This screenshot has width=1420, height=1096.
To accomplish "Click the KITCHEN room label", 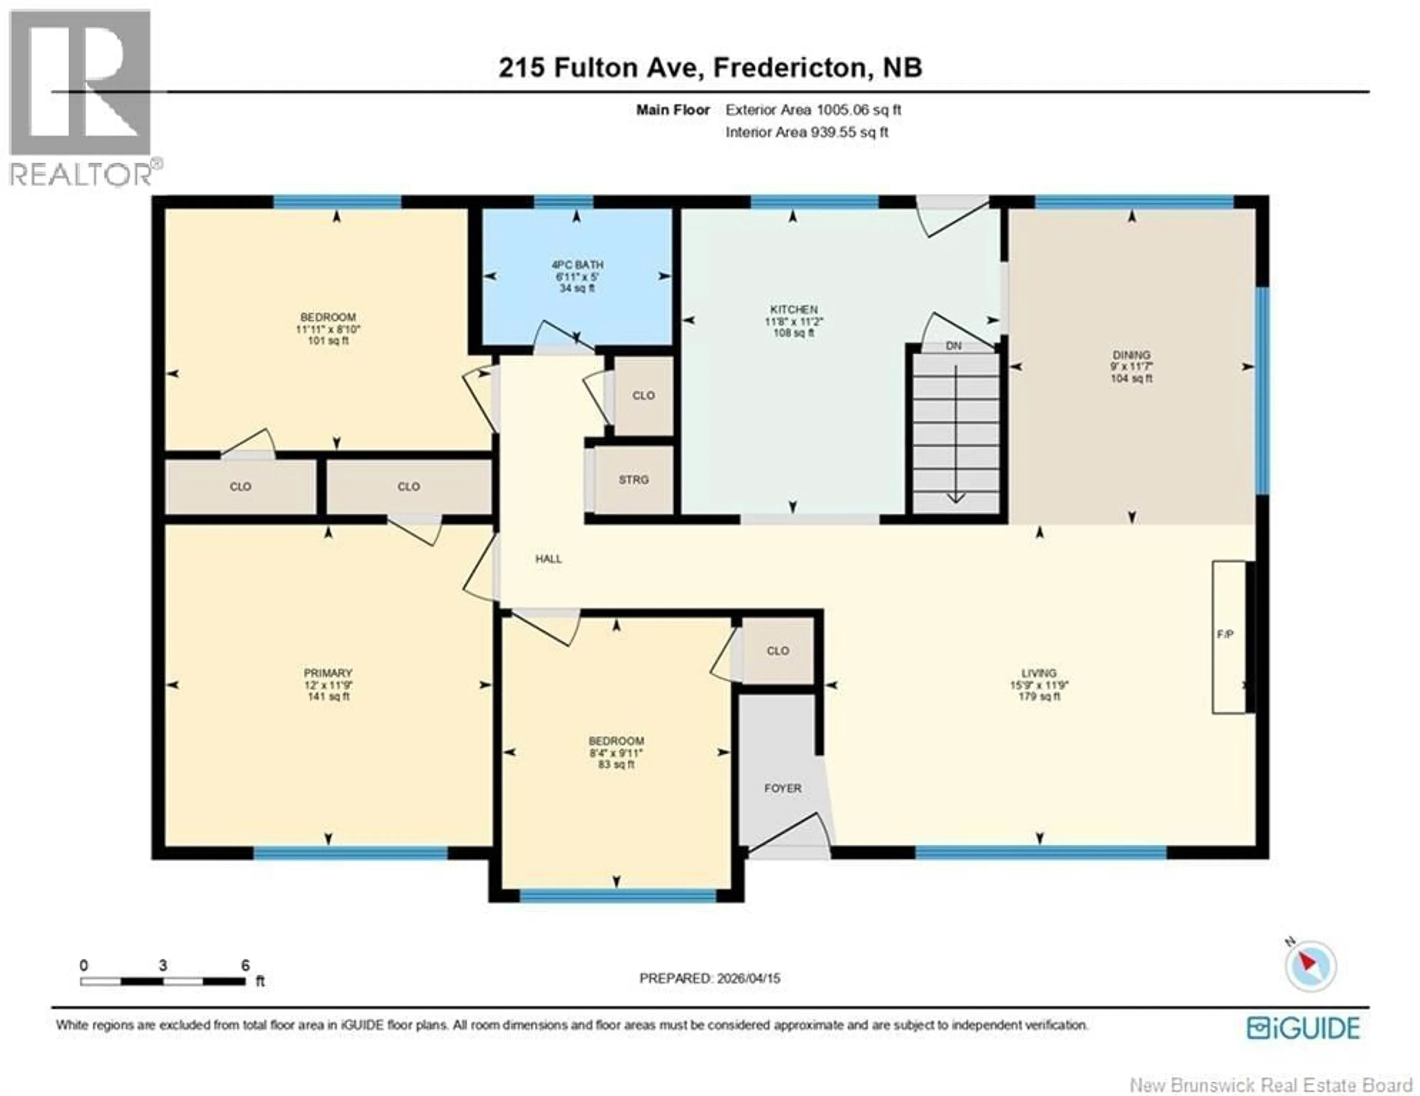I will [x=793, y=309].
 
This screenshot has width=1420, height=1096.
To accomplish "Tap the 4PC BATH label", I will [x=577, y=265].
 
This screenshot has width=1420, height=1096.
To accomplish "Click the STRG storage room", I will [x=633, y=480].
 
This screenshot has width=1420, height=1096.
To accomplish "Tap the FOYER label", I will [x=783, y=788].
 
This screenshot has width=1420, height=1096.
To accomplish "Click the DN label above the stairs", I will [x=953, y=346].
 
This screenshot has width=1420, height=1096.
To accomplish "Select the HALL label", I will [x=548, y=558].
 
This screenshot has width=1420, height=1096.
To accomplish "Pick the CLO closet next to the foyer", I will [x=778, y=651].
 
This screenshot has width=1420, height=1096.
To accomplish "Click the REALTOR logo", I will [x=81, y=98].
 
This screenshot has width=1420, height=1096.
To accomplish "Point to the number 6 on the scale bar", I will [x=245, y=965].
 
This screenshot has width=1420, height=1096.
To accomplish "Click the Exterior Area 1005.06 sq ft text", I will [x=813, y=110].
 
